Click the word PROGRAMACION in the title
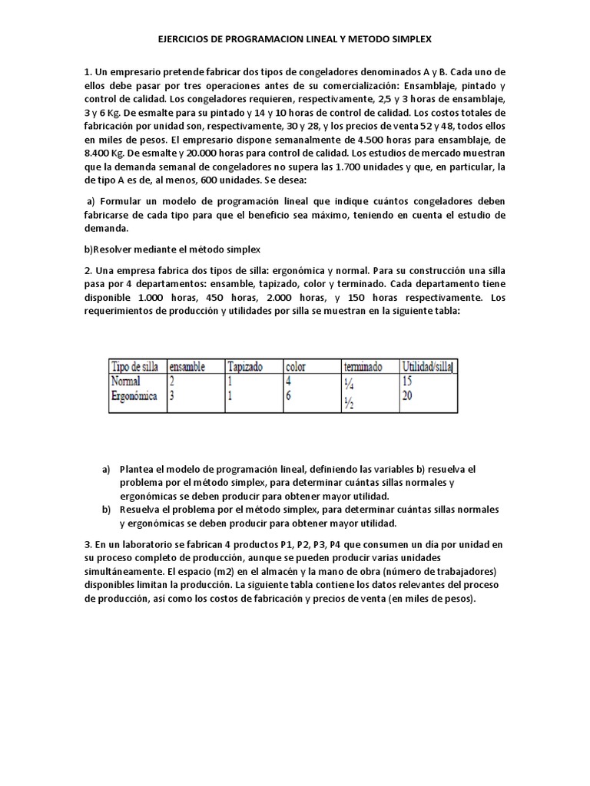point(247,38)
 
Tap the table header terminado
point(363,368)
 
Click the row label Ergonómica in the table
point(135,396)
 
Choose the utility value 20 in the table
point(408,396)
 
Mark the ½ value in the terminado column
point(349,404)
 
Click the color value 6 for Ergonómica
point(288,396)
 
